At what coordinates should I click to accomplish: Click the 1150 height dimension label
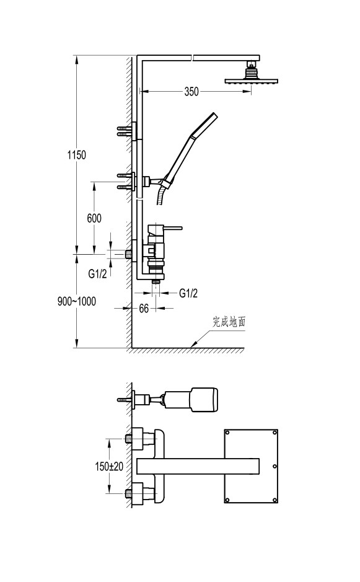(76, 154)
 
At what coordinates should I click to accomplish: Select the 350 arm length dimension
(191, 91)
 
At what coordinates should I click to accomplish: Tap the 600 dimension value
(94, 218)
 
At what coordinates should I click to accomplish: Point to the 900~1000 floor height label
(76, 301)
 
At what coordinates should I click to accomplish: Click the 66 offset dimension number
(144, 309)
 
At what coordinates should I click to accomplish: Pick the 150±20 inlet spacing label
(109, 466)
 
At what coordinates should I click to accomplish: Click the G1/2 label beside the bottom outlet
(188, 293)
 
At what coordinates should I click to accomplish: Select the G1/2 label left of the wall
(98, 274)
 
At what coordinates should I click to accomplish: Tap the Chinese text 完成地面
(229, 322)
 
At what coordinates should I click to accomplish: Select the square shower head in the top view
(251, 466)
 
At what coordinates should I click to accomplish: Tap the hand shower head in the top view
(204, 400)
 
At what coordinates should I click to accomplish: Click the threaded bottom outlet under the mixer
(156, 282)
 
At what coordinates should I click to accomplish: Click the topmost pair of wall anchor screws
(125, 131)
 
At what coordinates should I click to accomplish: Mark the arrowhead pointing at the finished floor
(194, 345)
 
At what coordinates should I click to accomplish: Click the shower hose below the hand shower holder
(161, 195)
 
